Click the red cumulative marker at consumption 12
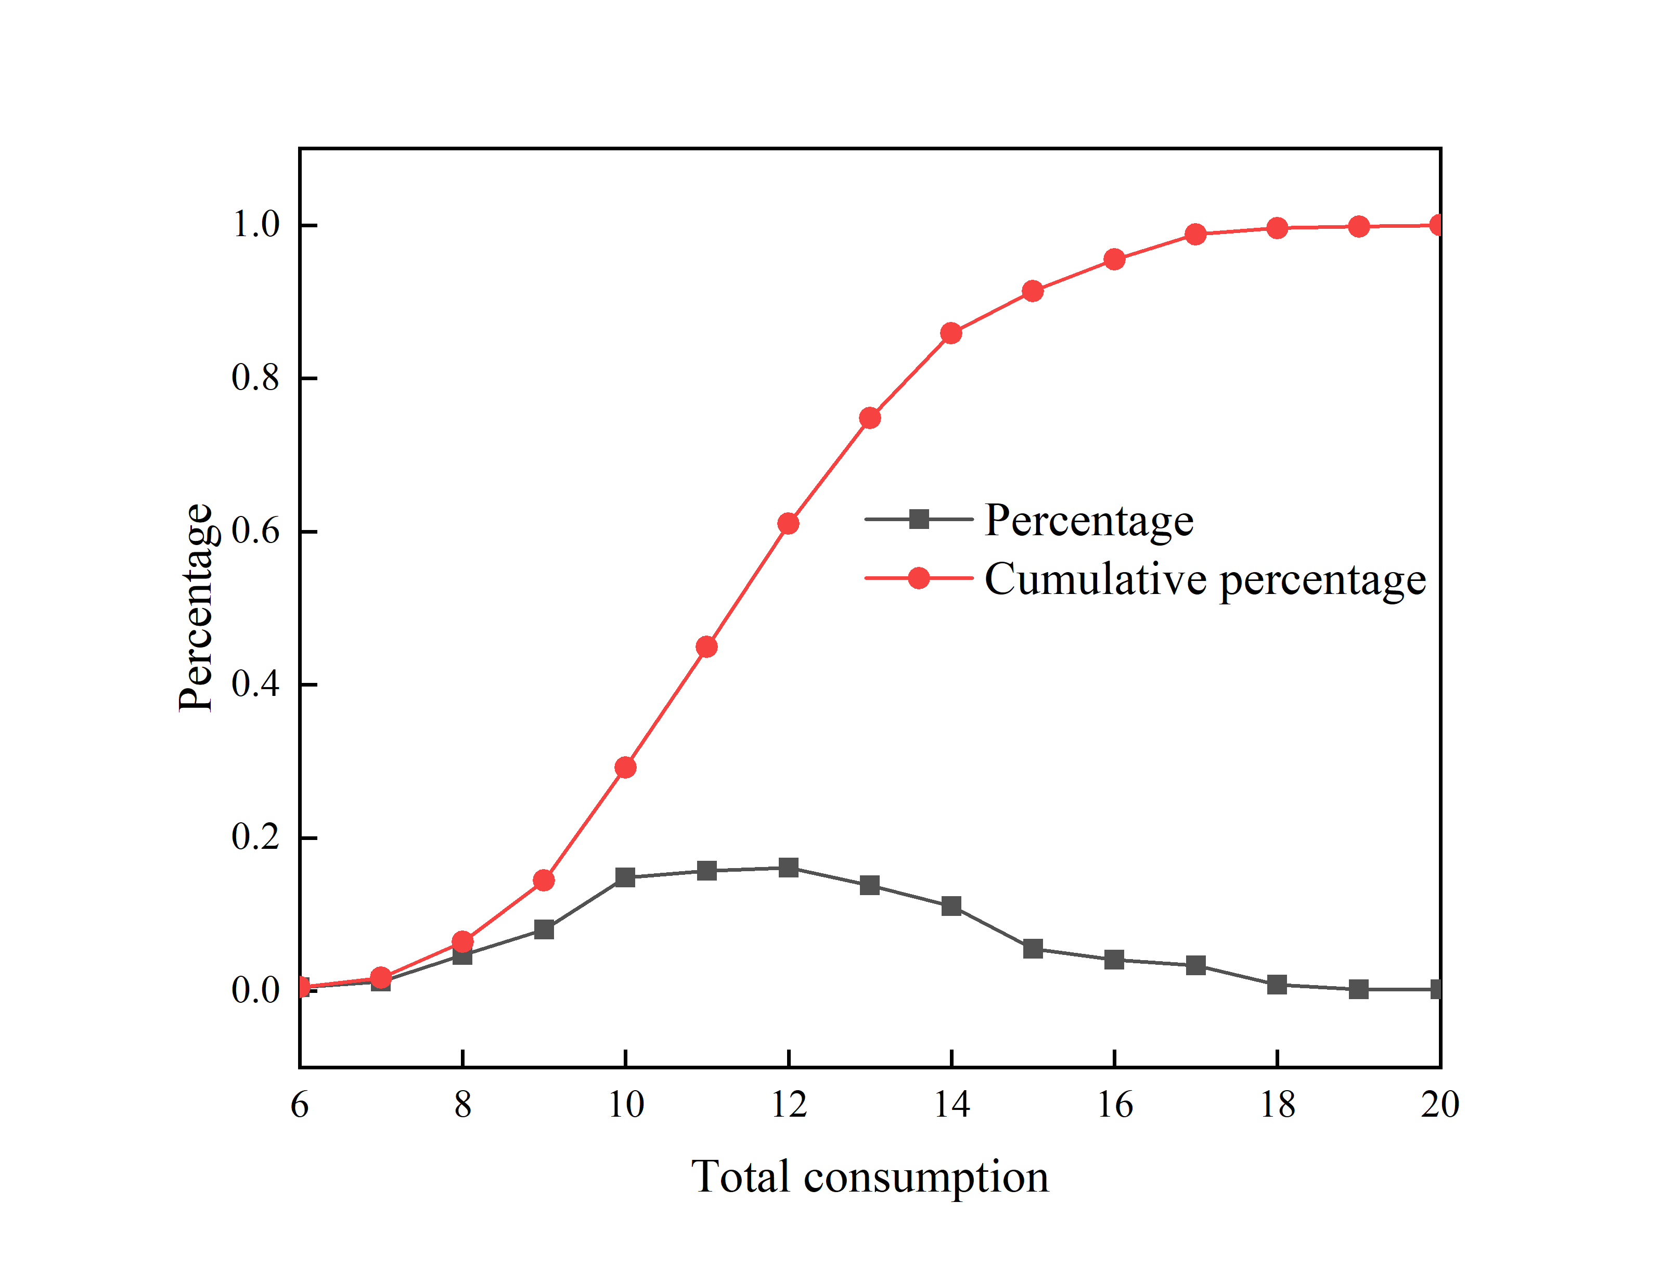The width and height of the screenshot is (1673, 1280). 789,523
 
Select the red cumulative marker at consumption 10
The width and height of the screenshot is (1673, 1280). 625,767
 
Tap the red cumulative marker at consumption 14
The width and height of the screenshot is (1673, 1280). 951,333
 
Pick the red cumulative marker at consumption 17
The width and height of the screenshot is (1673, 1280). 1196,234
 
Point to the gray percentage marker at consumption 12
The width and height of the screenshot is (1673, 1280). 789,868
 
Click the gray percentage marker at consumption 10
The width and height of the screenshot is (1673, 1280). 625,878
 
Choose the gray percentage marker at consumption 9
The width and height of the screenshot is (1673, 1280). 544,929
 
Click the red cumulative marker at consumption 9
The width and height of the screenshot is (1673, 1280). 544,881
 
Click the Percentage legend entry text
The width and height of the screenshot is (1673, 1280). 1089,521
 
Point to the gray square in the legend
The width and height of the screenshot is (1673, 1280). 920,520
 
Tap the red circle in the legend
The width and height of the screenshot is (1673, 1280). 920,578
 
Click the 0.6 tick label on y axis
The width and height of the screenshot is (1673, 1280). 256,531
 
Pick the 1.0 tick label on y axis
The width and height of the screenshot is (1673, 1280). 256,225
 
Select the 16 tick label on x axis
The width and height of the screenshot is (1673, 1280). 1115,1105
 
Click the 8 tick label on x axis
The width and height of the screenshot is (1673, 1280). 462,1105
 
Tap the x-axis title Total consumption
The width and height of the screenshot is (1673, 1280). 869,1177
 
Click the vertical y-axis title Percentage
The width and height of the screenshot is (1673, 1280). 195,607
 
